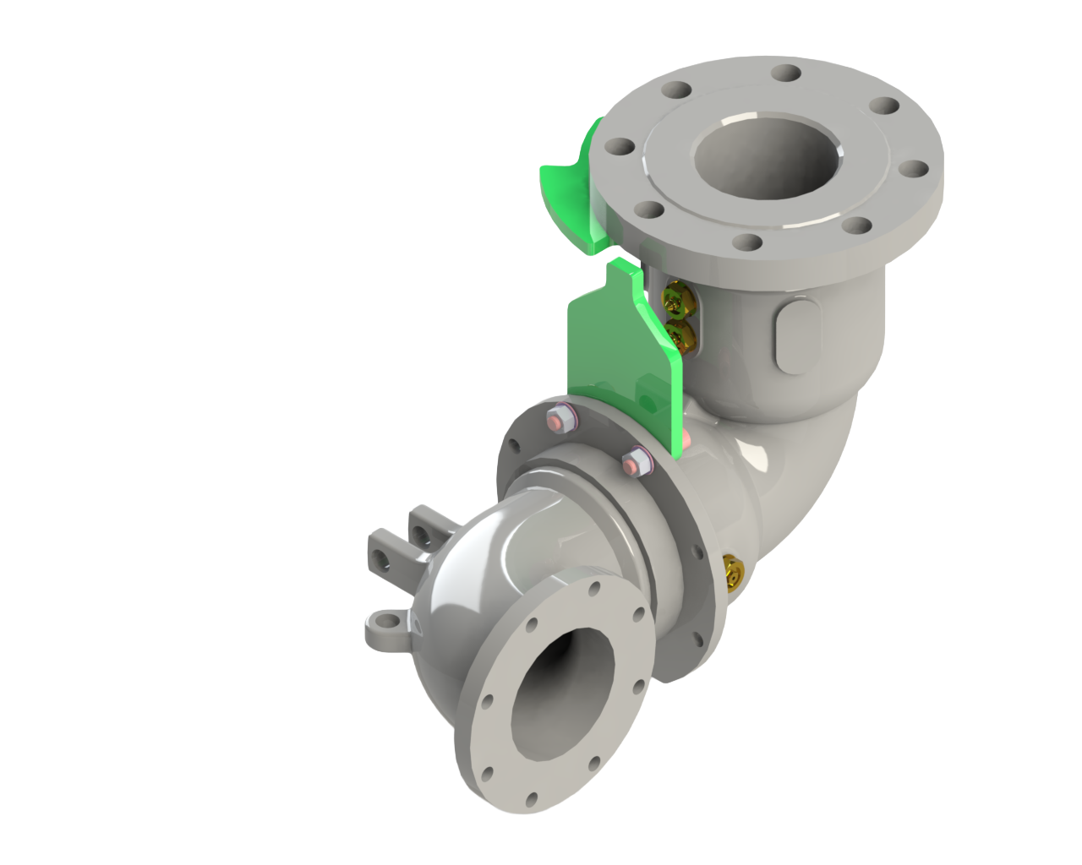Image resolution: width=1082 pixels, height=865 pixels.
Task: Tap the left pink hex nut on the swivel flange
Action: pyautogui.click(x=559, y=419)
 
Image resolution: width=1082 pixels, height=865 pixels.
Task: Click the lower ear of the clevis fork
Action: pyautogui.click(x=385, y=557)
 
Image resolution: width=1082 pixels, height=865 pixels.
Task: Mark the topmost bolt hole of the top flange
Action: pyautogui.click(x=785, y=73)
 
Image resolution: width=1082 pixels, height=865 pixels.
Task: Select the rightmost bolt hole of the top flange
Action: pyautogui.click(x=914, y=169)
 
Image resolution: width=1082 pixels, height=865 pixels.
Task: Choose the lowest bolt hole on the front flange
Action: pyautogui.click(x=530, y=799)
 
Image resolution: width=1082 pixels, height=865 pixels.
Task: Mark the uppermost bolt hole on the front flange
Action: pyautogui.click(x=595, y=588)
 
